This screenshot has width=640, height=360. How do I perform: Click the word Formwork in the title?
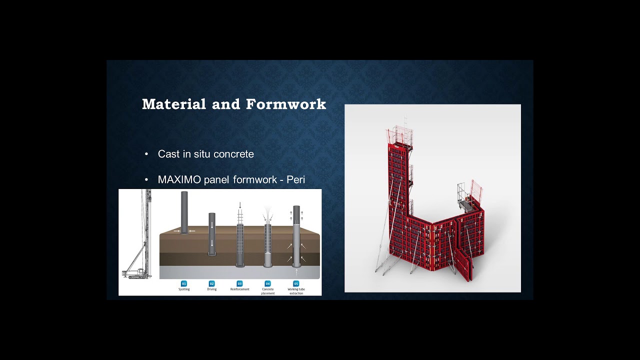tap(285, 104)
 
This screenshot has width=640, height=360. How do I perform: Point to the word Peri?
tap(295, 179)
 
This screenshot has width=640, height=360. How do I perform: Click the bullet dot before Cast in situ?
tap(146, 154)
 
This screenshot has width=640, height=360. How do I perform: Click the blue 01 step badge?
tap(184, 283)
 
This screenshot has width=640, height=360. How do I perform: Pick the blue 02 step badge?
tap(211, 283)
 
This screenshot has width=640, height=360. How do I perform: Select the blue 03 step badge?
tap(239, 283)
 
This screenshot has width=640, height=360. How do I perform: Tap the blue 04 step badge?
tap(267, 283)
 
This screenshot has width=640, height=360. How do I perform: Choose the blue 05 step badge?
tap(296, 283)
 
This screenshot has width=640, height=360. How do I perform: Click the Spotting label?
tap(184, 289)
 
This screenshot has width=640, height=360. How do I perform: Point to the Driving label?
tap(211, 289)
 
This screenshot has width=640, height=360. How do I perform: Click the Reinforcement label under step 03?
tap(239, 289)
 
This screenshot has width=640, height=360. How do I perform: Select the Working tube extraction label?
tap(296, 291)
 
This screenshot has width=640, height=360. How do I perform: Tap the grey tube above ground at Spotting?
tap(184, 210)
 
